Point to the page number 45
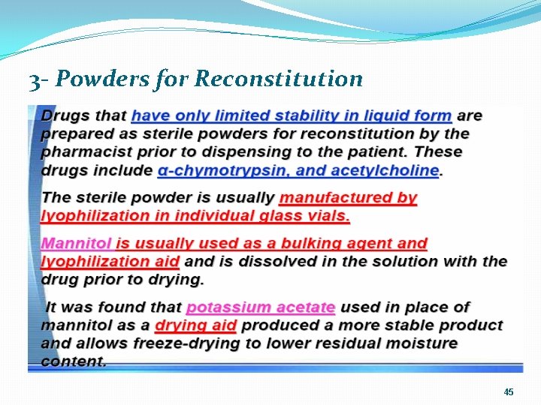point(509,392)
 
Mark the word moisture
point(420,343)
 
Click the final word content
point(74,361)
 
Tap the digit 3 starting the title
point(35,79)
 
